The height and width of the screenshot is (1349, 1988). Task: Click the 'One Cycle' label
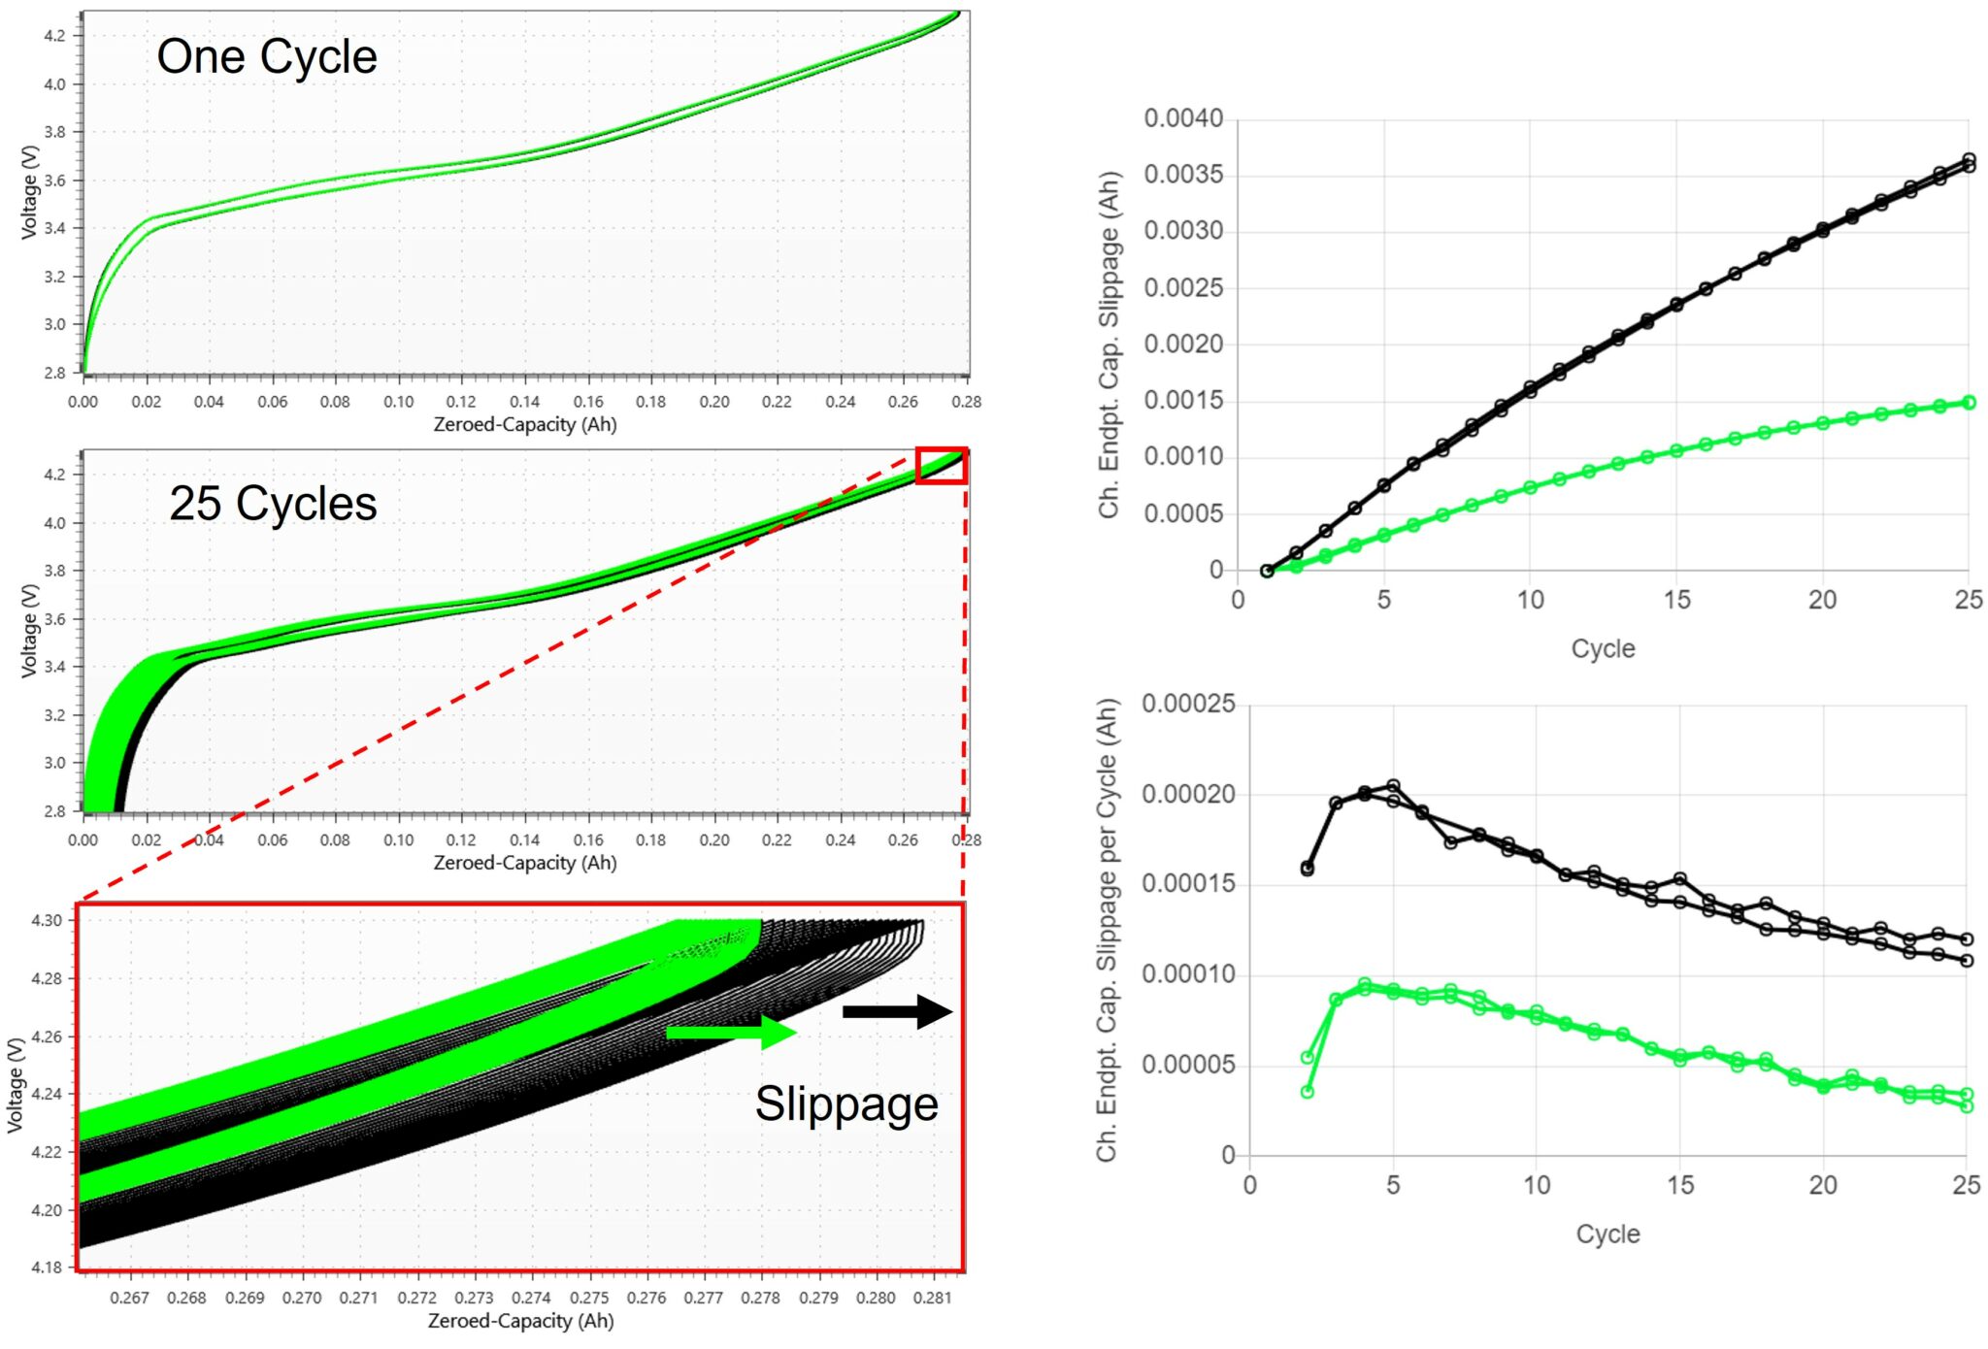click(267, 56)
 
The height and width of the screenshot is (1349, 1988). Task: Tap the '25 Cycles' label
click(273, 504)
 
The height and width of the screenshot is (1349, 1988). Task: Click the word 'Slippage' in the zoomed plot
click(846, 1103)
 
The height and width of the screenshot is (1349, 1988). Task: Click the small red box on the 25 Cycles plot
click(941, 465)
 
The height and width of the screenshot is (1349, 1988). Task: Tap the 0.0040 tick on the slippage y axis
click(1182, 118)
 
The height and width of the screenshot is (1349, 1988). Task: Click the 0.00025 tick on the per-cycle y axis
click(1188, 704)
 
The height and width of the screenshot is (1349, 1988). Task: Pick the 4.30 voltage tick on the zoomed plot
click(47, 920)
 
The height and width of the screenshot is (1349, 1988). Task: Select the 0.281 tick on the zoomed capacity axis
click(932, 1298)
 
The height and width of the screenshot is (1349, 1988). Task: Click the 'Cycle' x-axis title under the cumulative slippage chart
click(1603, 648)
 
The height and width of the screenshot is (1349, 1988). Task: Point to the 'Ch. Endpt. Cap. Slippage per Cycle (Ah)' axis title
click(1108, 930)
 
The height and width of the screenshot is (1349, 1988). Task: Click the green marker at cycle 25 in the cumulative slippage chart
click(1969, 402)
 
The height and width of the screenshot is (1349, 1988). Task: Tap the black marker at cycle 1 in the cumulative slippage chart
click(1267, 571)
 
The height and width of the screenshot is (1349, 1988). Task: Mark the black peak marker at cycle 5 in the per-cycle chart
click(1393, 785)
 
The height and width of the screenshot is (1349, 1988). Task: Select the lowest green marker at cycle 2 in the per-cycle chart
click(1307, 1092)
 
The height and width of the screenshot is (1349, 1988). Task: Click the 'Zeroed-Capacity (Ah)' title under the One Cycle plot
click(524, 424)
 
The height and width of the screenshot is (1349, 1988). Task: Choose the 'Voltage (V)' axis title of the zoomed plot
click(16, 1085)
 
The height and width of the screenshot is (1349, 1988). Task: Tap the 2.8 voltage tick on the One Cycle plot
click(54, 373)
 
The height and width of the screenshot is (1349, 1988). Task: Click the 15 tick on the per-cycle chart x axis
click(1680, 1185)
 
